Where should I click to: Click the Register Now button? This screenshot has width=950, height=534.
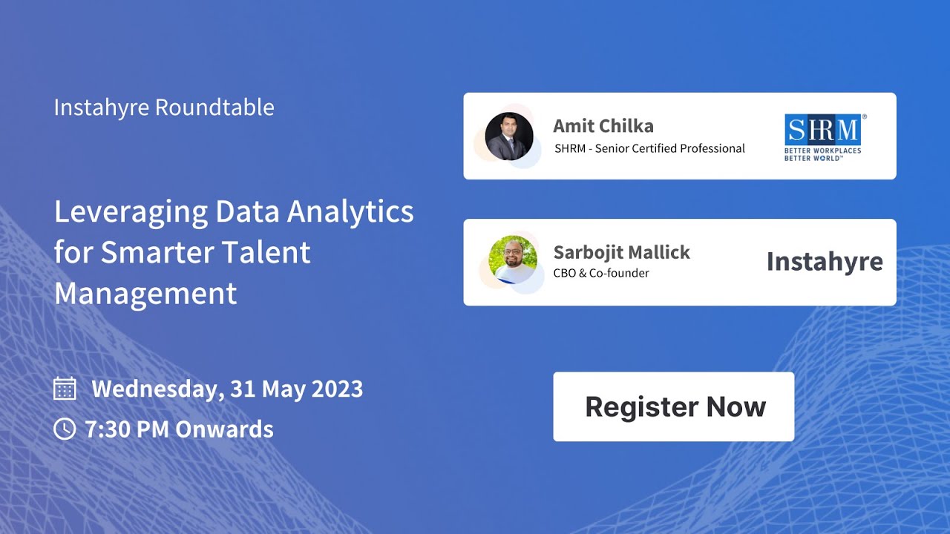coord(674,406)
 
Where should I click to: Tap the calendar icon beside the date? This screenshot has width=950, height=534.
coord(65,389)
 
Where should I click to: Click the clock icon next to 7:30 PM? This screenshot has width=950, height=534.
coord(65,429)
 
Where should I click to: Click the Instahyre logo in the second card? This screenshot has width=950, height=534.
coord(825,262)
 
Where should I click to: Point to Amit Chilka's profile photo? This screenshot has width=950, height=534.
coord(509,136)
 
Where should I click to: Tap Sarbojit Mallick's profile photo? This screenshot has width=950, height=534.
coord(514,260)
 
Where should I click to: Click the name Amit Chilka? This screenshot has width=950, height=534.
coord(603,126)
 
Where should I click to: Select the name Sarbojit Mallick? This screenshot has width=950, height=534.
coord(622,252)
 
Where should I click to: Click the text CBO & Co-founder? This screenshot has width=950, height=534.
coord(601,273)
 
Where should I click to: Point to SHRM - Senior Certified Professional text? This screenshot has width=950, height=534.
coord(649,148)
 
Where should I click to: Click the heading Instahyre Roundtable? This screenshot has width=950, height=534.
coord(164,108)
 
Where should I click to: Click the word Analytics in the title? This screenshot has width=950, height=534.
coord(350,212)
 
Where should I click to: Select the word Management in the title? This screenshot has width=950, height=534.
coord(145,294)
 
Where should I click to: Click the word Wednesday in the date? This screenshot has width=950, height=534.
coord(157,389)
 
